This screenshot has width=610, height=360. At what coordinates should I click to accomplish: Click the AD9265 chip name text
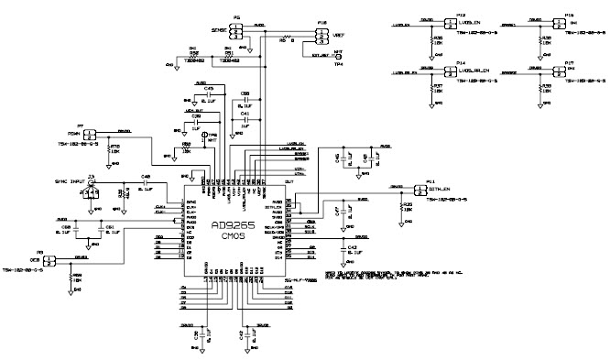(x=233, y=225)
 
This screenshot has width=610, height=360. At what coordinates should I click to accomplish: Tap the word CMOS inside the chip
(x=234, y=238)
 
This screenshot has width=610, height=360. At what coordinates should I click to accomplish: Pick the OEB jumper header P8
(x=49, y=260)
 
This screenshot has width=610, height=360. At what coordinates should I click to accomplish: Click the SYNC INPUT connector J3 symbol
(x=92, y=183)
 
